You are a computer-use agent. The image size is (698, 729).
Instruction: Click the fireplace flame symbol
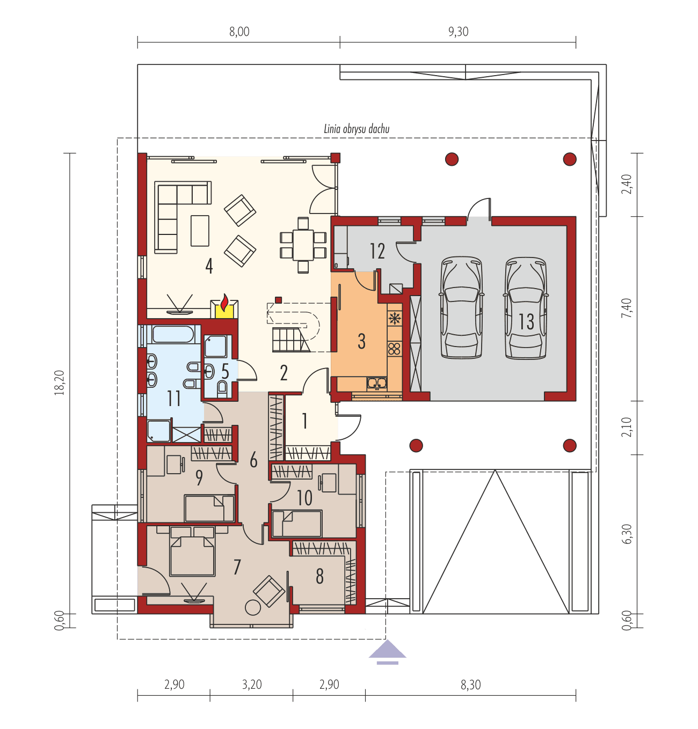pyautogui.click(x=224, y=302)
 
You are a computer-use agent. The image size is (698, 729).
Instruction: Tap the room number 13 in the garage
pyautogui.click(x=526, y=321)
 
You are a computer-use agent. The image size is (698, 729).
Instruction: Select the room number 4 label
pyautogui.click(x=209, y=266)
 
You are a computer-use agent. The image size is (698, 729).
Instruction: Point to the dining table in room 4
pyautogui.click(x=303, y=245)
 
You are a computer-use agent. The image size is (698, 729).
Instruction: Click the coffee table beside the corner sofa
pyautogui.click(x=200, y=230)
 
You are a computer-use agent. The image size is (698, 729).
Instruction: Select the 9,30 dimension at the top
pyautogui.click(x=458, y=32)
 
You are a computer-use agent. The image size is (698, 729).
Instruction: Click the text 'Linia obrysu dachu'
pyautogui.click(x=356, y=129)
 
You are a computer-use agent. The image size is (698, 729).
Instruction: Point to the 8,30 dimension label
pyautogui.click(x=470, y=684)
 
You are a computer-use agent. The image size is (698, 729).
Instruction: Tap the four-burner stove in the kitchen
pyautogui.click(x=395, y=349)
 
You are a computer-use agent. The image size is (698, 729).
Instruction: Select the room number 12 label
pyautogui.click(x=377, y=251)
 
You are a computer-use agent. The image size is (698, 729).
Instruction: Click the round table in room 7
pyautogui.click(x=252, y=607)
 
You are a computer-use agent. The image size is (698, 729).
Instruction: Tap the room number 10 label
pyautogui.click(x=304, y=498)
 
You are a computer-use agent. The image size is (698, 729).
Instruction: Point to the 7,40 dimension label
pyautogui.click(x=626, y=308)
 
